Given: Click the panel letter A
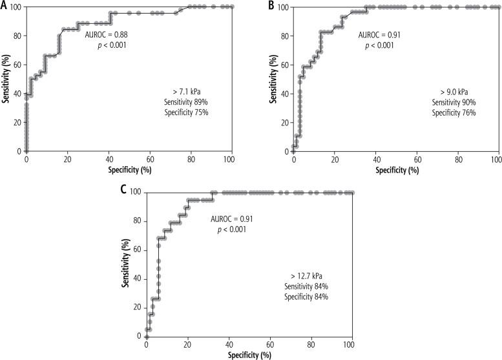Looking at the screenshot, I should click(x=4, y=5).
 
